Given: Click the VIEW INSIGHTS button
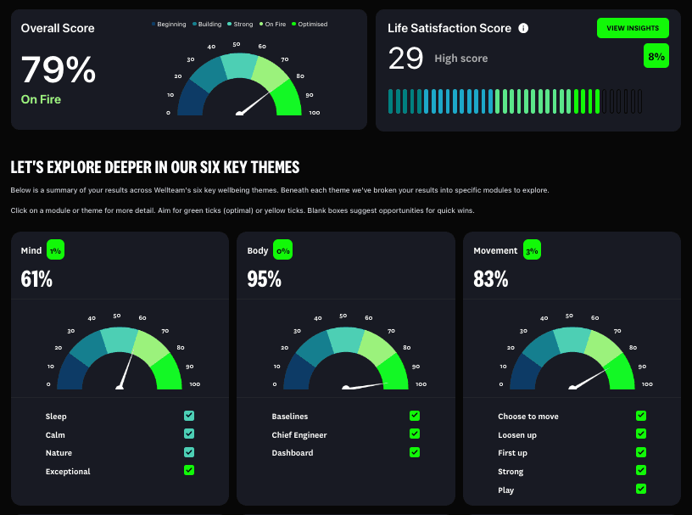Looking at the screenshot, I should pyautogui.click(x=633, y=28).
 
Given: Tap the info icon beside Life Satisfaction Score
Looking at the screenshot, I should pyautogui.click(x=523, y=28).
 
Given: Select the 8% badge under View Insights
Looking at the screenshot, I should pyautogui.click(x=656, y=56).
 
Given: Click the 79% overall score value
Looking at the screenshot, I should pyautogui.click(x=58, y=70).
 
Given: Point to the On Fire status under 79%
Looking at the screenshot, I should pyautogui.click(x=41, y=99).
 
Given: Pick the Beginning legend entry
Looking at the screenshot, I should pyautogui.click(x=169, y=25).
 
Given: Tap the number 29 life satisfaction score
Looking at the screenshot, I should pyautogui.click(x=405, y=59).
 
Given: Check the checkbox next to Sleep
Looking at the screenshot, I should pyautogui.click(x=189, y=416).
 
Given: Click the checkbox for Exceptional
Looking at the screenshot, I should pyautogui.click(x=189, y=470).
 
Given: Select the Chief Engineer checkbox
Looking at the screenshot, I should pyautogui.click(x=415, y=434).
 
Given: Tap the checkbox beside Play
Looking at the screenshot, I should pyautogui.click(x=641, y=489).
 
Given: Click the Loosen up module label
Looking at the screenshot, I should pyautogui.click(x=516, y=435).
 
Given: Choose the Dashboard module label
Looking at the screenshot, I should pyautogui.click(x=292, y=453).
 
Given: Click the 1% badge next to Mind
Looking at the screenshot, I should pyautogui.click(x=55, y=250).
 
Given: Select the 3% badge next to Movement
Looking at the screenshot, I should pyautogui.click(x=532, y=250).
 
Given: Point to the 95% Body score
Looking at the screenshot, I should pyautogui.click(x=264, y=278).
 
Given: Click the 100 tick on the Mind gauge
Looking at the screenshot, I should pyautogui.click(x=195, y=385).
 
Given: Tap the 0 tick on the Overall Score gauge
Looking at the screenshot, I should pyautogui.click(x=168, y=113).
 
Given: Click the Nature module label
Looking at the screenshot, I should pyautogui.click(x=59, y=453).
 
